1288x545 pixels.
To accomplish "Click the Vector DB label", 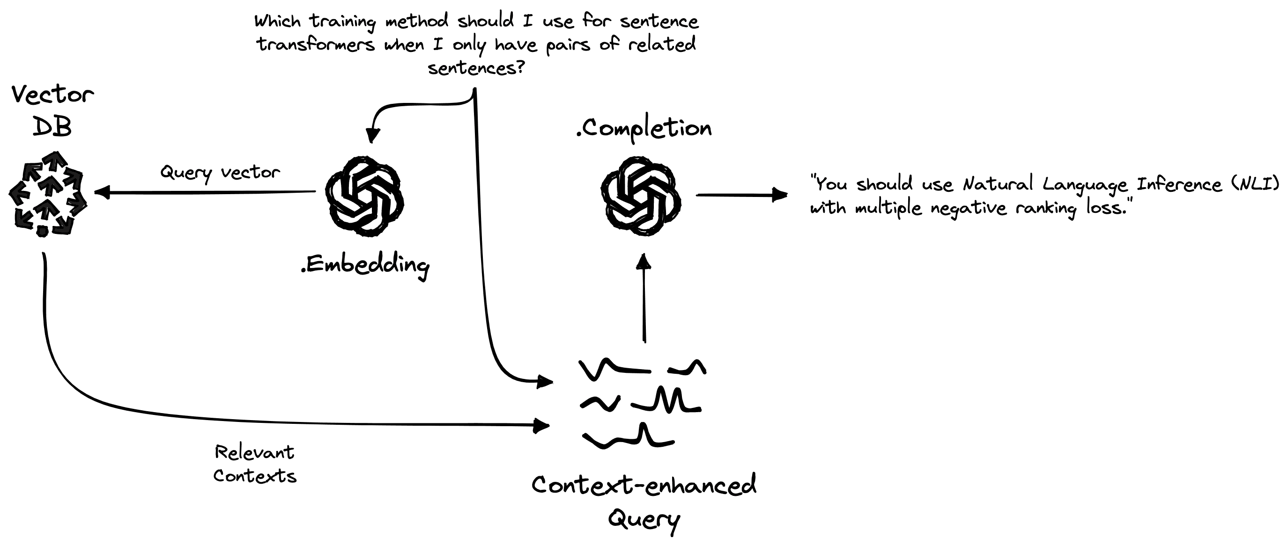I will click(x=52, y=110).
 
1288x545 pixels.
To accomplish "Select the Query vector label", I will click(x=220, y=173).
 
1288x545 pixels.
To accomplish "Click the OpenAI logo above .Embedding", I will click(x=364, y=196).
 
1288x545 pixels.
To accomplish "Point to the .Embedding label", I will click(x=365, y=265).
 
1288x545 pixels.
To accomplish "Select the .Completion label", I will click(x=644, y=129).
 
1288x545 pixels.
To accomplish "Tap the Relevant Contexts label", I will click(x=254, y=464).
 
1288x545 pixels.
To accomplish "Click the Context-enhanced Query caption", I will click(x=644, y=501).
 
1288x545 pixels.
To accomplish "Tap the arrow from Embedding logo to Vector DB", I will click(x=205, y=192).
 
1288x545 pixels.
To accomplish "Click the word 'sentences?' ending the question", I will click(x=476, y=68).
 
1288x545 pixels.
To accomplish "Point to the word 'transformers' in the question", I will click(x=316, y=45).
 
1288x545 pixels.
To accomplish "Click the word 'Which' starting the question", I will click(x=277, y=22).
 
